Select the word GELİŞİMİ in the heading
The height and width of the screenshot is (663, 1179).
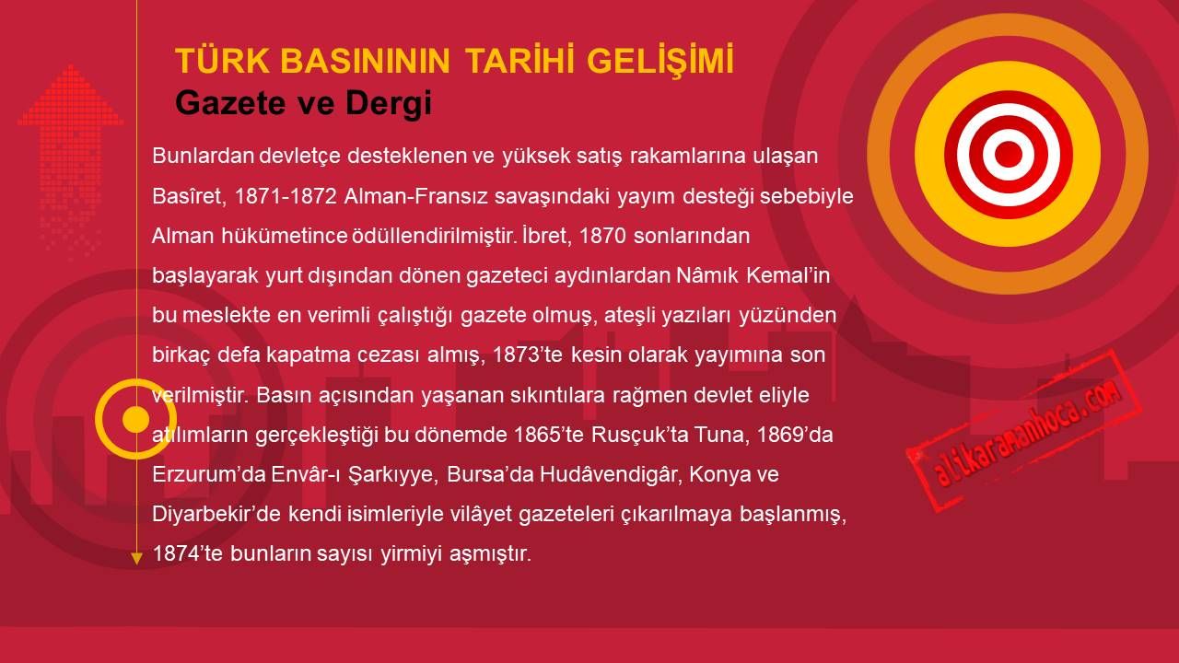(660, 61)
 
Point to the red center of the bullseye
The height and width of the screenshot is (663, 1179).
(1008, 154)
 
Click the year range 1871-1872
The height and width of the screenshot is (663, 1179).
(286, 196)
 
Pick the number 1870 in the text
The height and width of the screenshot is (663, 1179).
(602, 237)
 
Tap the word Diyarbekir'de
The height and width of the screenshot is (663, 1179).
(216, 514)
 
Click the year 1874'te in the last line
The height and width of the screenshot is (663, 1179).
(187, 553)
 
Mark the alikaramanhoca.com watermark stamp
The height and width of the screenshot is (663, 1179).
(1023, 431)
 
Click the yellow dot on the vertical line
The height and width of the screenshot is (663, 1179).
(135, 419)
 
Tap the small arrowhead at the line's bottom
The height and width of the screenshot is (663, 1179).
(136, 559)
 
